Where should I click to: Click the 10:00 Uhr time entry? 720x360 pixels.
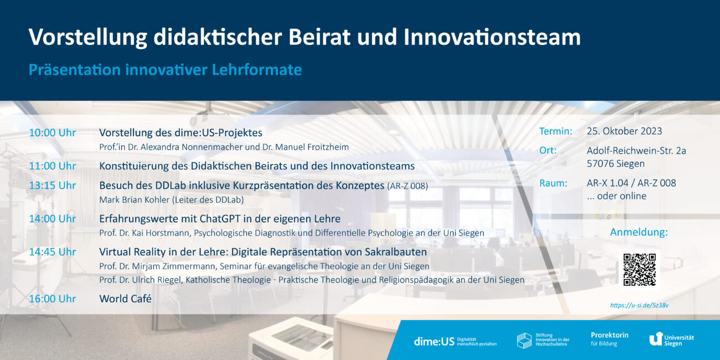pos(52,133)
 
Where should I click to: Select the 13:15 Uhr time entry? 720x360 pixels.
pos(52,186)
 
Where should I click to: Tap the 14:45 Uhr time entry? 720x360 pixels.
pos(52,252)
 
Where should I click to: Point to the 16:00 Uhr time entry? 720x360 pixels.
pos(52,299)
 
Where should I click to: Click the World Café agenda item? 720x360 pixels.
pos(125,299)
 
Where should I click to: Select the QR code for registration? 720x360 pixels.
pos(639,270)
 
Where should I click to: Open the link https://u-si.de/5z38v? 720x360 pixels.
pos(639,305)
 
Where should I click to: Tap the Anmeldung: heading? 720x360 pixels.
pos(639,232)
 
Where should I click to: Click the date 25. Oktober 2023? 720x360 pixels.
pos(624,131)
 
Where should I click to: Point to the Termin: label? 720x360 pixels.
pos(556,131)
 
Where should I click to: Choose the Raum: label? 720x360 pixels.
pos(553,183)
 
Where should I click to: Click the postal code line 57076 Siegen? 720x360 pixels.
pos(616,164)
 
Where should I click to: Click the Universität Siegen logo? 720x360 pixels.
pos(671,338)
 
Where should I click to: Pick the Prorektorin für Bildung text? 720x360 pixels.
pos(609,339)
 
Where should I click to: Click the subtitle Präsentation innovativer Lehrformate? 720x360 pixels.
pos(165,70)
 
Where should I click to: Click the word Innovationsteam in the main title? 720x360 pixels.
pos(492,37)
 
